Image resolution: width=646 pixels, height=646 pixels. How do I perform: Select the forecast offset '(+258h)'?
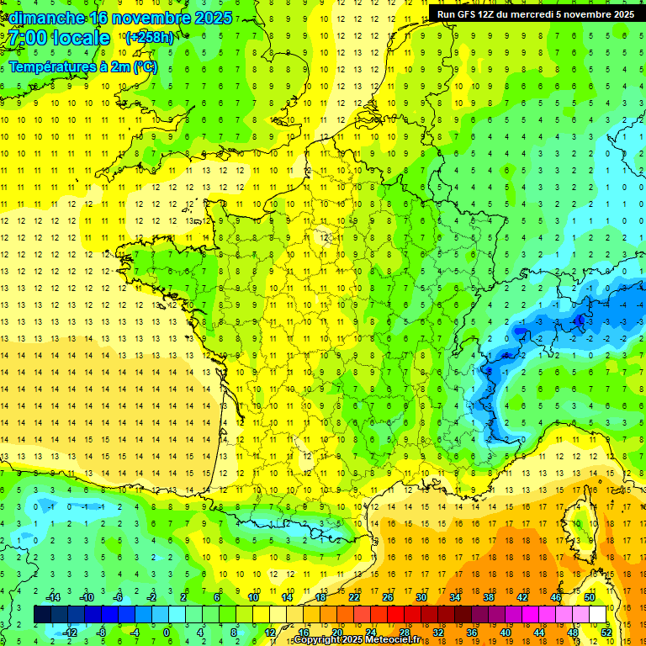coord(150,38)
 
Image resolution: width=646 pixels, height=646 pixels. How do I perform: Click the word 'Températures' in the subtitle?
coord(50,66)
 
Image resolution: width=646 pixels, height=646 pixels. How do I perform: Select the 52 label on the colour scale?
coord(606,632)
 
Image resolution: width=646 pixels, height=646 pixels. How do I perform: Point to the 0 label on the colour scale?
coord(166,632)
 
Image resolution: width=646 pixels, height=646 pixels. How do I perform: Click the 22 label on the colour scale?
coord(354,597)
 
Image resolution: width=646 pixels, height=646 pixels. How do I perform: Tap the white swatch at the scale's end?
coord(597,615)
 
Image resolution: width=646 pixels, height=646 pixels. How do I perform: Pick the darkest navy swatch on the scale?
coord(43,615)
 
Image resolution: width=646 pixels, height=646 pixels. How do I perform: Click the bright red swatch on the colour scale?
coord(396,615)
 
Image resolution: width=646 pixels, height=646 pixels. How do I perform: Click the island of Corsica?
coord(581,522)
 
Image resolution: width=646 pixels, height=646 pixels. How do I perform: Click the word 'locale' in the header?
coord(82,38)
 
